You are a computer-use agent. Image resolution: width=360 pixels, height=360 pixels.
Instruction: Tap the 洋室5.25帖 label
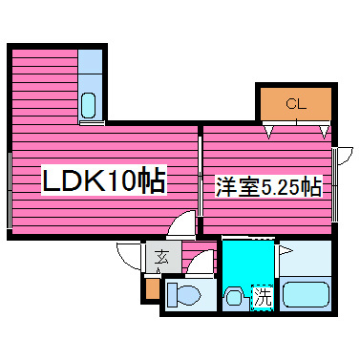coord(266,187)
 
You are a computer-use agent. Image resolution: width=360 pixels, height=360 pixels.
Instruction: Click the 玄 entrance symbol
coord(161,256)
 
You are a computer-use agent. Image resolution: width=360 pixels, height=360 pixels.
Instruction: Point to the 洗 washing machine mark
coord(262,297)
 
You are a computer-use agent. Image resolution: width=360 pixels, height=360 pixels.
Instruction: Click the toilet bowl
coord(187,295)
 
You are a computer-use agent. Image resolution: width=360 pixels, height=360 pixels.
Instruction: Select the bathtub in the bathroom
coord(307,295)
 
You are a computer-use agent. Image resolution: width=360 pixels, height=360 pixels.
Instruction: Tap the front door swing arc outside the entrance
coord(129,256)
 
